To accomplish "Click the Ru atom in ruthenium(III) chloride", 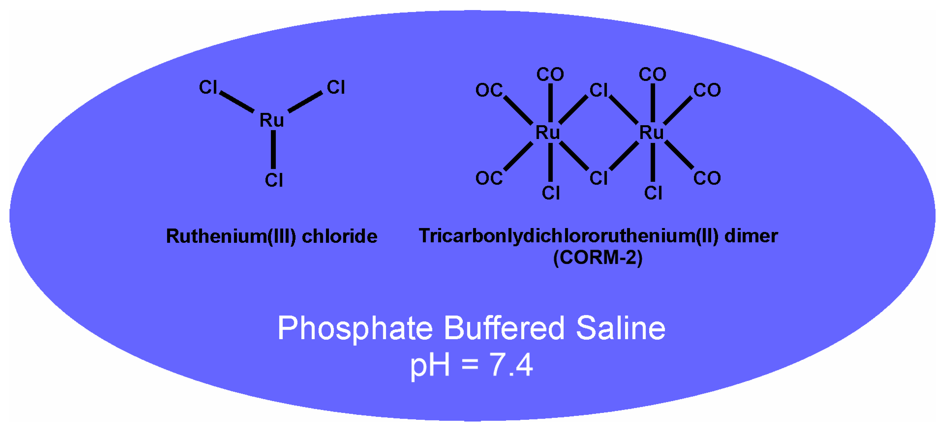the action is click(271, 120).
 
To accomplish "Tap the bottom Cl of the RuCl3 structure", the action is click(274, 180).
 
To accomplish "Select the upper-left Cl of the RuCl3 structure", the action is click(208, 87).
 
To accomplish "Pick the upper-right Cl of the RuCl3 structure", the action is click(336, 87).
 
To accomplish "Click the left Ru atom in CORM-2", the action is click(547, 133).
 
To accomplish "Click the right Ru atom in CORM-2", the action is click(651, 133).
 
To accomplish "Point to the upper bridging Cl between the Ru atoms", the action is click(599, 90).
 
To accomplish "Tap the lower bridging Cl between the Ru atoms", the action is click(599, 178).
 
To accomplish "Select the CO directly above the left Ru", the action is click(550, 74).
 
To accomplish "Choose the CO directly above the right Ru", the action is click(652, 74).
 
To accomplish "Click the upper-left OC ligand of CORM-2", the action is click(489, 90).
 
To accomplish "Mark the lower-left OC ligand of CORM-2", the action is click(489, 178).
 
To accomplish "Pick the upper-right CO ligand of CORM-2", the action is click(707, 90).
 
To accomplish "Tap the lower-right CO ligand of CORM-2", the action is click(707, 178).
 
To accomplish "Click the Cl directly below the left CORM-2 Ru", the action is click(551, 193).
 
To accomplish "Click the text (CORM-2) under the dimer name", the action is click(598, 258).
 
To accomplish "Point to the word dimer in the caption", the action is click(751, 236).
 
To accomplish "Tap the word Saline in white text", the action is click(621, 328).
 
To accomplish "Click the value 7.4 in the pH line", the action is click(511, 365).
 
